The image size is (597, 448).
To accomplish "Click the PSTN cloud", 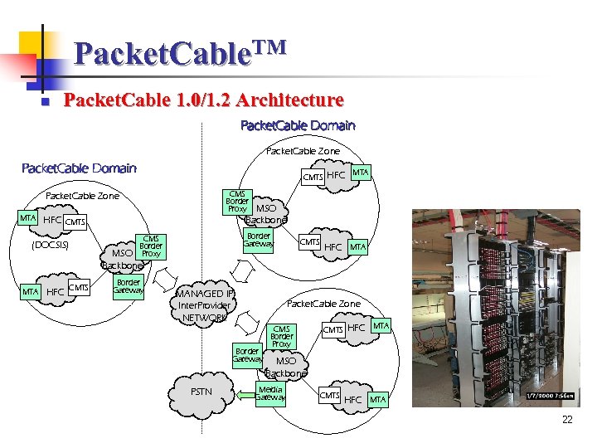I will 201,392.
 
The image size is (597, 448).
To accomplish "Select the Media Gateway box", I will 270,394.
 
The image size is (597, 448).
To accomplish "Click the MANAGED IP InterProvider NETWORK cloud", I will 205,305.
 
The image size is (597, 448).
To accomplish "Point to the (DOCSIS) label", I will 50,246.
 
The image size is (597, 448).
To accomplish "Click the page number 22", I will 567,420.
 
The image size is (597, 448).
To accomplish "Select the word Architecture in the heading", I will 289,100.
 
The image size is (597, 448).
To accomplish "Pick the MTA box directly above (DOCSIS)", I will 29,218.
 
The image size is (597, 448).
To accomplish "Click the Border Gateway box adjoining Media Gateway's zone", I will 247,355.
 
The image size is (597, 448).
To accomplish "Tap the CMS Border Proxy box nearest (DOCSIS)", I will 150,246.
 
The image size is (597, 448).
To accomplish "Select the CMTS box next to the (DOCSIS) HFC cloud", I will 75,222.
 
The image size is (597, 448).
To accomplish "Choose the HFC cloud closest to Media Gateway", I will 353,399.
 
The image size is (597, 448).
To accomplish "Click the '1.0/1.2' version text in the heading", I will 201,100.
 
